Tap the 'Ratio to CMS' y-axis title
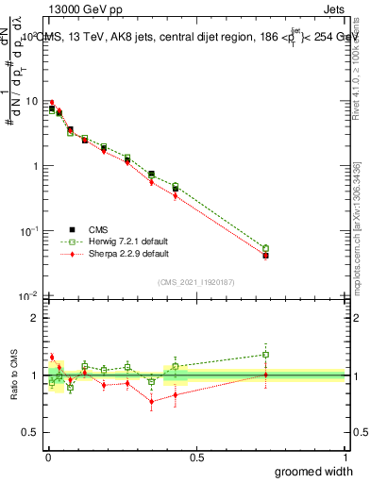(x=12, y=375)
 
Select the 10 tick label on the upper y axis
(x=32, y=101)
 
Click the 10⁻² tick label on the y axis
(x=30, y=296)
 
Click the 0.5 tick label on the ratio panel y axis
(x=32, y=433)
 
